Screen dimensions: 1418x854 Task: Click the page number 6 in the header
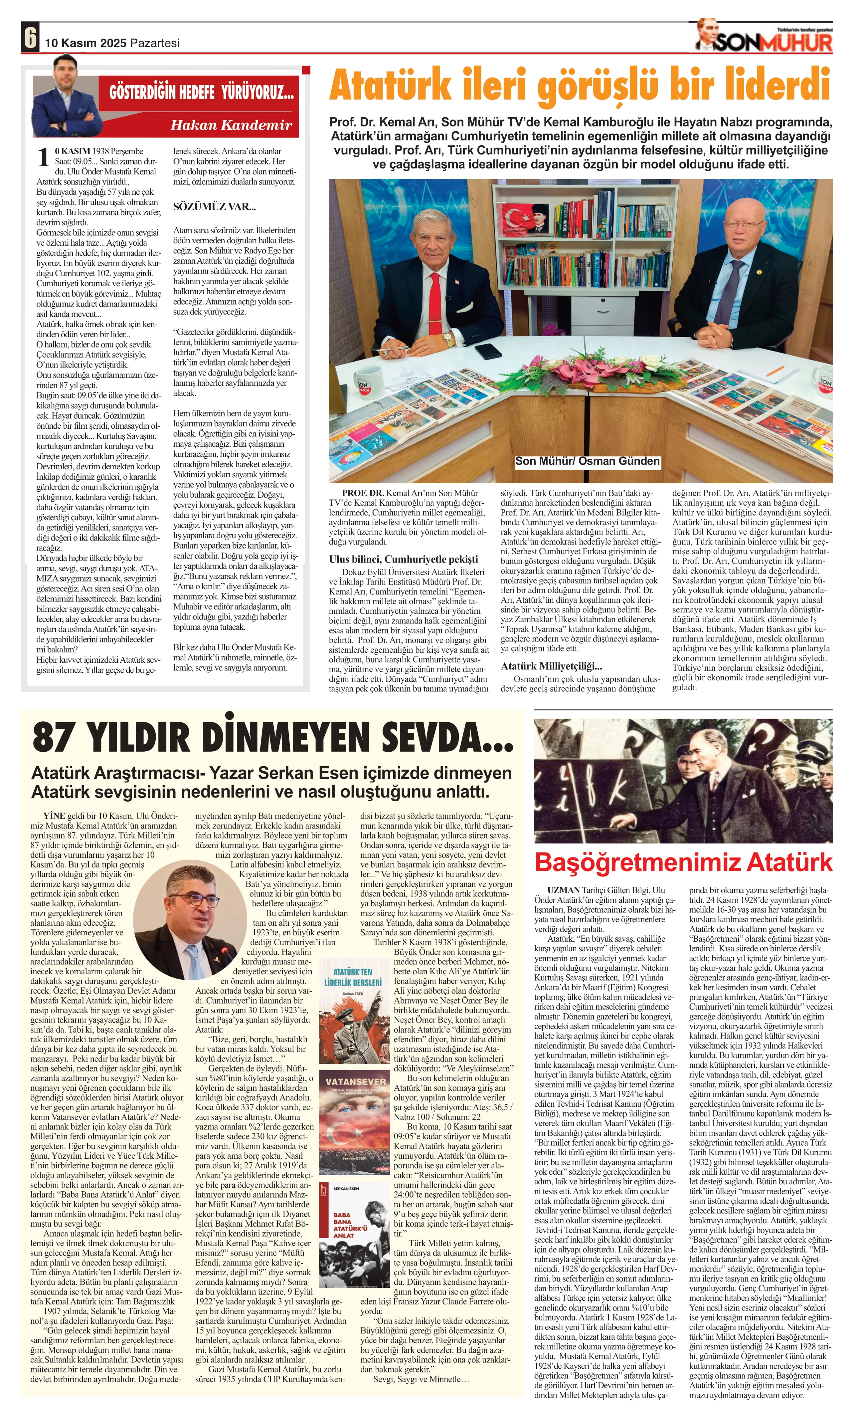click(30, 38)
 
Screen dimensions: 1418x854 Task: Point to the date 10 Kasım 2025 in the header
click(86, 43)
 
